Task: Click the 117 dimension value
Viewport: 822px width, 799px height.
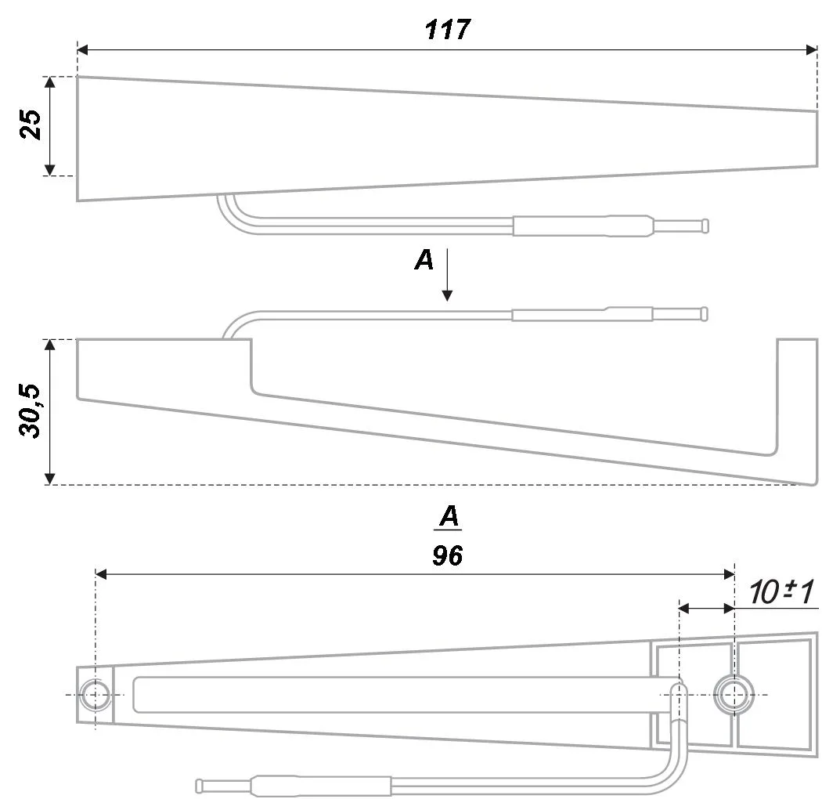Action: tap(448, 30)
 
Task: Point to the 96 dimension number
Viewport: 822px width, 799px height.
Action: tap(447, 555)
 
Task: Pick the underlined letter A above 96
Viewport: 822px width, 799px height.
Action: tap(449, 517)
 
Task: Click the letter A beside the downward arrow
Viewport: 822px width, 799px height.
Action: tap(424, 261)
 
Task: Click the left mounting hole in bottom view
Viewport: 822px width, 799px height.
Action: tap(96, 695)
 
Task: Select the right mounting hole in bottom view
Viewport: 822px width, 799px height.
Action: tap(734, 693)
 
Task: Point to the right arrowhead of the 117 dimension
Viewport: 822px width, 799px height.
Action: tap(812, 50)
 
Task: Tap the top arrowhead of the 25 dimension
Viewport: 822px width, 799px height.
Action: tap(49, 82)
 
